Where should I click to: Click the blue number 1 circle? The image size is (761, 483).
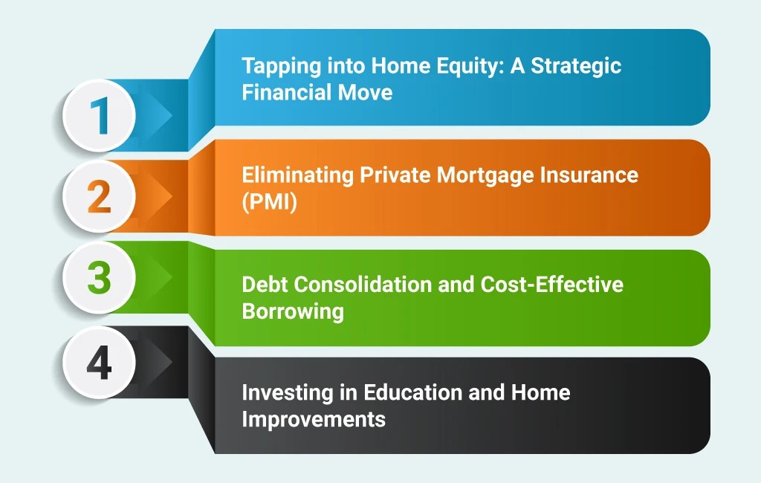99,115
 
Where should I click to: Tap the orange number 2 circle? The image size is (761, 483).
99,196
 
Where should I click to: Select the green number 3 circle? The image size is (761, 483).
99,277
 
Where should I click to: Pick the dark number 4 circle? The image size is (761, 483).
99,363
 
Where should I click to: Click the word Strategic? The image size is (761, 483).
576,66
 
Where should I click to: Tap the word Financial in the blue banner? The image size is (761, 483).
286,92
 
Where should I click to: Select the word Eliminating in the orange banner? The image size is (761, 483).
297,175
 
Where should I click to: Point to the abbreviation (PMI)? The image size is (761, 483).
269,202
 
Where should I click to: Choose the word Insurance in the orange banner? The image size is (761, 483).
589,175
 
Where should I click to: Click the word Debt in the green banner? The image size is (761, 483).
265,285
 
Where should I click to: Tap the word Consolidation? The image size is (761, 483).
363,285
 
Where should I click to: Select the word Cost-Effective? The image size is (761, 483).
552,284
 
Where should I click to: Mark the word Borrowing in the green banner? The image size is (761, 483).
293,311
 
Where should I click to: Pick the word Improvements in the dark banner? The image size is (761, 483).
314,419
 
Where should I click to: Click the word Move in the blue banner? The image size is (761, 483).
365,92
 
